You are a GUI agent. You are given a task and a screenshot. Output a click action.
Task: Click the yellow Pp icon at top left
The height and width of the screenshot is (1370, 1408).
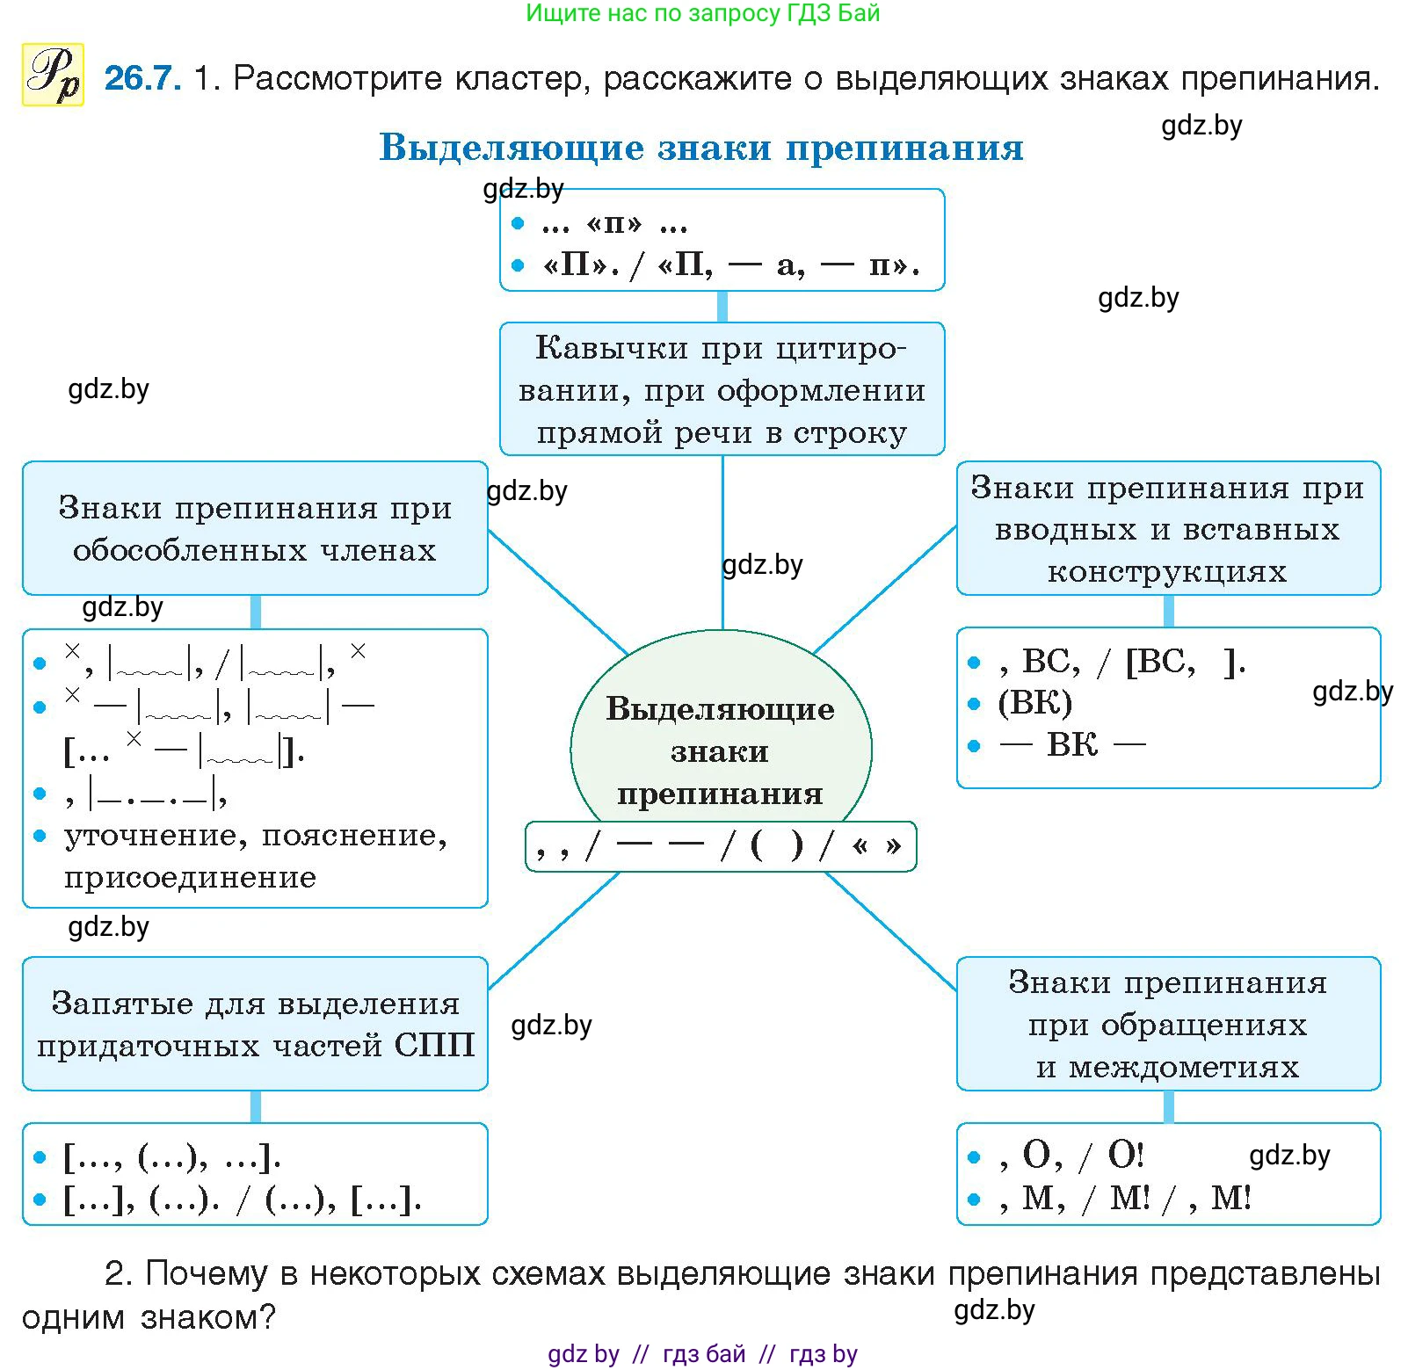coord(53,75)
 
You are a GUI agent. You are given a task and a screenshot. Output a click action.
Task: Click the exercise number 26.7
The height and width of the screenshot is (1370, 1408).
coord(142,78)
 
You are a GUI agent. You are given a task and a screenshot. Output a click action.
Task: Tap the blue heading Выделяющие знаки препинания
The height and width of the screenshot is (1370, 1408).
coord(700,148)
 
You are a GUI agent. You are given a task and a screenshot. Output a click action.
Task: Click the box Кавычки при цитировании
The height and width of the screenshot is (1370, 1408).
coord(722,389)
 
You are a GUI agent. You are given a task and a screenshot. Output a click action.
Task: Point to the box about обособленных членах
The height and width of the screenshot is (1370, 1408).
coord(255,528)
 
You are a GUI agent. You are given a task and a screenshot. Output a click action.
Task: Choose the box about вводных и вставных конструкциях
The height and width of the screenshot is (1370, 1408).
coord(1167,528)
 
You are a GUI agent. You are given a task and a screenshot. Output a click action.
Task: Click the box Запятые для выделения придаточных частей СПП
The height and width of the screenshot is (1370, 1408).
coord(255,1024)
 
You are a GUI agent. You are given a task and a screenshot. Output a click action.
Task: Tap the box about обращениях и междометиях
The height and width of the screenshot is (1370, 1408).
coord(1167,1024)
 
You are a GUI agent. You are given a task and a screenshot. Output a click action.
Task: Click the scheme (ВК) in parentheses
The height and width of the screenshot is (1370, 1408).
coord(1034,703)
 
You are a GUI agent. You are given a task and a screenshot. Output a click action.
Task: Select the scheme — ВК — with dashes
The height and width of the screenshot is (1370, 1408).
coord(1072,745)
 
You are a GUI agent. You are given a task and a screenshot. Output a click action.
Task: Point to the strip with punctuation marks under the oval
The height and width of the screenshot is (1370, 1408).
coord(720,846)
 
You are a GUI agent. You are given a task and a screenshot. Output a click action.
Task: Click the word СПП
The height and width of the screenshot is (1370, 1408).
coord(434,1045)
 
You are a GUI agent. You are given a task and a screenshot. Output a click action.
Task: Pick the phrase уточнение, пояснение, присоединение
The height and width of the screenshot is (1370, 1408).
coord(255,856)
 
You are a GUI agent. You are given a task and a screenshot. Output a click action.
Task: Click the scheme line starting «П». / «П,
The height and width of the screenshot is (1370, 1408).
coord(731,265)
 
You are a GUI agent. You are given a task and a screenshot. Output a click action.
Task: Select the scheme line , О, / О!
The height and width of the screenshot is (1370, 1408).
coord(1071,1156)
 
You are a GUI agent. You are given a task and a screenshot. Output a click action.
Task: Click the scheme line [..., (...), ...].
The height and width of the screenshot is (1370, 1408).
coord(172,1157)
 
